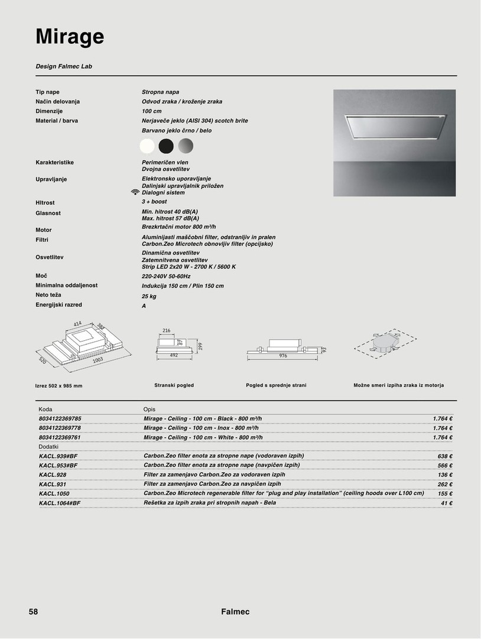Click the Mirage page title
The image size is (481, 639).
pos(70,37)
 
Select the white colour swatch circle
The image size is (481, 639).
pos(147,145)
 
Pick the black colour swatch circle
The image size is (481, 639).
pos(166,145)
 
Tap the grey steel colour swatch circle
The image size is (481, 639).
pos(186,145)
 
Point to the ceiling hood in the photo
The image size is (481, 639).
pos(393,126)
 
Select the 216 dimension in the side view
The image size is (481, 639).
pos(166,330)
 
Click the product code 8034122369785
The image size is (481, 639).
pos(60,418)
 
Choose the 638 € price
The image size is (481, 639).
pos(445,456)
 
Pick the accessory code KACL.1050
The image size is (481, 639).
pos(54,493)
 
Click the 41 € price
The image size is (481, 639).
pos(447,504)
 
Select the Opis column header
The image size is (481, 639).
pos(149,409)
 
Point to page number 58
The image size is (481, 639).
pos(33,612)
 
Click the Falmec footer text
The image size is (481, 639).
pos(235,612)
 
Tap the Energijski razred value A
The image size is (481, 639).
pos(144,306)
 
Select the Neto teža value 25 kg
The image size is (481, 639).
pos(148,296)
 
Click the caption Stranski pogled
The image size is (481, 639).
pos(174,385)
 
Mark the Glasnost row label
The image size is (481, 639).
pos(48,213)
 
